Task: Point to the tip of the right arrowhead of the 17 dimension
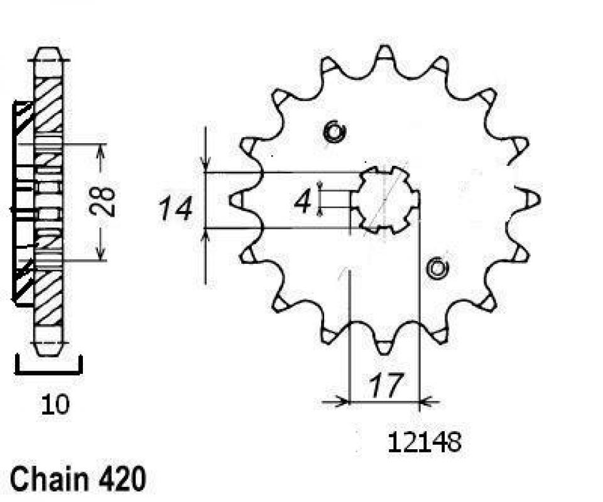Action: click(x=420, y=402)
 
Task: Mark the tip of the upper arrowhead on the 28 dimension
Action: click(x=100, y=145)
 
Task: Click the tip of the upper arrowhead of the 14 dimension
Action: click(x=206, y=172)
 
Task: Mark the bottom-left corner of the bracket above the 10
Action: click(x=17, y=373)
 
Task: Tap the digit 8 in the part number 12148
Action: click(x=454, y=442)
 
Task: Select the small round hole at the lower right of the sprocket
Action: click(x=437, y=268)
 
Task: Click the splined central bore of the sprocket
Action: click(x=385, y=200)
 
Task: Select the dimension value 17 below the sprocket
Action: click(x=386, y=385)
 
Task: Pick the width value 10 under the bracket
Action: click(x=55, y=405)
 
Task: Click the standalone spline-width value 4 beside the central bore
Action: click(x=302, y=202)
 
